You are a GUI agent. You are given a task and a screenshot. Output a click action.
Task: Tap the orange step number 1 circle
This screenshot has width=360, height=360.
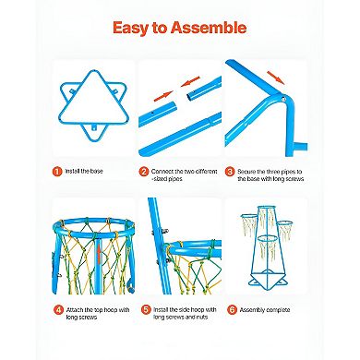[x=56, y=171]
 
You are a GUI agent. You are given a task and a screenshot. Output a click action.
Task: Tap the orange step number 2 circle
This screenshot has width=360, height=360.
[x=143, y=171]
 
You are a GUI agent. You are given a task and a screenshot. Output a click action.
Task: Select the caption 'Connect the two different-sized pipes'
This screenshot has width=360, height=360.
[x=180, y=175]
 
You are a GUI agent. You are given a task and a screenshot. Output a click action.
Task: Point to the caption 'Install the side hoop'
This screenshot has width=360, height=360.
[x=180, y=310]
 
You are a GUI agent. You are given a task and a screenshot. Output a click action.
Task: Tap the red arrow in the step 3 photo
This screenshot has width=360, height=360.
[x=273, y=76]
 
